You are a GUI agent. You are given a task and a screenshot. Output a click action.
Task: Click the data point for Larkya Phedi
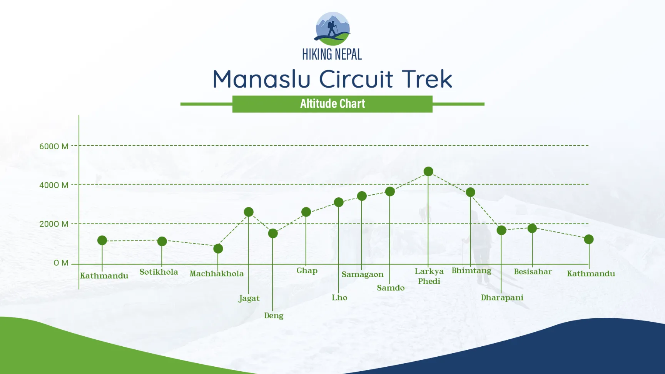pyautogui.click(x=428, y=171)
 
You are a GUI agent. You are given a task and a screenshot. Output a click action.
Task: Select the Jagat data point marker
pyautogui.click(x=249, y=212)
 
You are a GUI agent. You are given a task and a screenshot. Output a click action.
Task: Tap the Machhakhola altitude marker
pyautogui.click(x=218, y=249)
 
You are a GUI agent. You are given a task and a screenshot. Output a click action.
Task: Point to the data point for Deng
pyautogui.click(x=273, y=233)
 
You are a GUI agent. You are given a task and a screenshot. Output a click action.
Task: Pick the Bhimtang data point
pyautogui.click(x=470, y=192)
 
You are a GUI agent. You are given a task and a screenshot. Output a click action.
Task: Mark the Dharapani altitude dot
pyautogui.click(x=501, y=230)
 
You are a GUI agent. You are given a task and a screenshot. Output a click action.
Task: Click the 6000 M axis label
pyautogui.click(x=54, y=146)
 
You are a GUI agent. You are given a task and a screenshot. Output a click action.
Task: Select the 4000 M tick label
pyautogui.click(x=54, y=185)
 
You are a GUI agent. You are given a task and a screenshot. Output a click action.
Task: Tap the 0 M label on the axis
pyautogui.click(x=61, y=263)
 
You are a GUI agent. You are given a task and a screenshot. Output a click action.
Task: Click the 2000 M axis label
pyautogui.click(x=54, y=224)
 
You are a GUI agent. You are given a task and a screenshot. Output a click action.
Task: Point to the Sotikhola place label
pyautogui.click(x=159, y=272)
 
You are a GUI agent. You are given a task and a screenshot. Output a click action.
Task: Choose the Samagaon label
pyautogui.click(x=363, y=274)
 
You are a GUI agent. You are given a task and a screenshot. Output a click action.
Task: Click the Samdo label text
pyautogui.click(x=391, y=288)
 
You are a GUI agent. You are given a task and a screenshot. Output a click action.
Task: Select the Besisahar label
pyautogui.click(x=533, y=272)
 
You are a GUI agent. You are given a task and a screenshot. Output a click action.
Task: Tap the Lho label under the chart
pyautogui.click(x=339, y=297)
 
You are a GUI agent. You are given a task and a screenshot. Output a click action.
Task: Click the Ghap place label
pyautogui.click(x=307, y=270)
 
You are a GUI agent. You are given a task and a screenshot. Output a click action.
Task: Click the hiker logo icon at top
pyautogui.click(x=332, y=29)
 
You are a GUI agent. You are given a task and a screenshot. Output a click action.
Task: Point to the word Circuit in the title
pyautogui.click(x=356, y=79)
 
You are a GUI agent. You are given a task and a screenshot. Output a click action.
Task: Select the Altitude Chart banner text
pyautogui.click(x=332, y=104)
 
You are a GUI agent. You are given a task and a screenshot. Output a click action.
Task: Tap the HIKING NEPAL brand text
pyautogui.click(x=332, y=54)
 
